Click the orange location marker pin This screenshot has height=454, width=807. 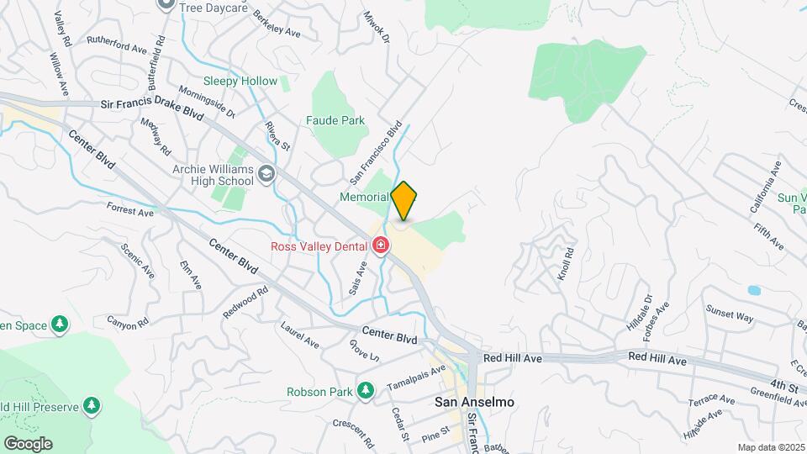click(404, 200)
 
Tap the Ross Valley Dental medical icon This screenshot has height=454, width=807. click(381, 245)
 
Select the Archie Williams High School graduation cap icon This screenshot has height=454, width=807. click(266, 174)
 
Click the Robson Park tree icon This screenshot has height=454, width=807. click(365, 390)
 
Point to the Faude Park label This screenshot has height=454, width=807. click(335, 120)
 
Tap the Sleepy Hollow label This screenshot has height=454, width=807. click(240, 81)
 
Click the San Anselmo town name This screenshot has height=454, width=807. click(474, 402)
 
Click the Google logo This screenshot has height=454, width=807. click(28, 443)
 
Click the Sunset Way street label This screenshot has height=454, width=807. click(730, 316)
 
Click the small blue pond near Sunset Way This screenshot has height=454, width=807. click(754, 291)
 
